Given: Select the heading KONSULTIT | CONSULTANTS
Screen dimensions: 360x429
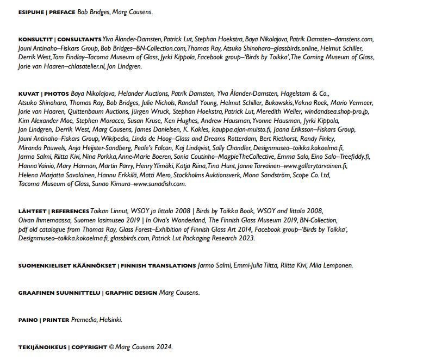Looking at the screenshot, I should click(x=60, y=40).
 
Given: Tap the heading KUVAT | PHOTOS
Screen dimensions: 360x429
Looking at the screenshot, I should click(x=43, y=94).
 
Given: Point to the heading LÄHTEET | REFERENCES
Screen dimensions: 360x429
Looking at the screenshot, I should click(x=53, y=211).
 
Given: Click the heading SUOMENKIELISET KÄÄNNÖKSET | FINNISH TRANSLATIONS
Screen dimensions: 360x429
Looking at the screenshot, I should click(x=107, y=266).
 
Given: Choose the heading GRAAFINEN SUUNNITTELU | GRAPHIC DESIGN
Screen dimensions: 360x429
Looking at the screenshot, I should click(x=88, y=293).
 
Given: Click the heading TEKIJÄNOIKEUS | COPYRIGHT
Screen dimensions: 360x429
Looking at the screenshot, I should click(x=63, y=347).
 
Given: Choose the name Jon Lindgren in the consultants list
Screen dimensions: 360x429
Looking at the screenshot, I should click(x=125, y=66).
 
